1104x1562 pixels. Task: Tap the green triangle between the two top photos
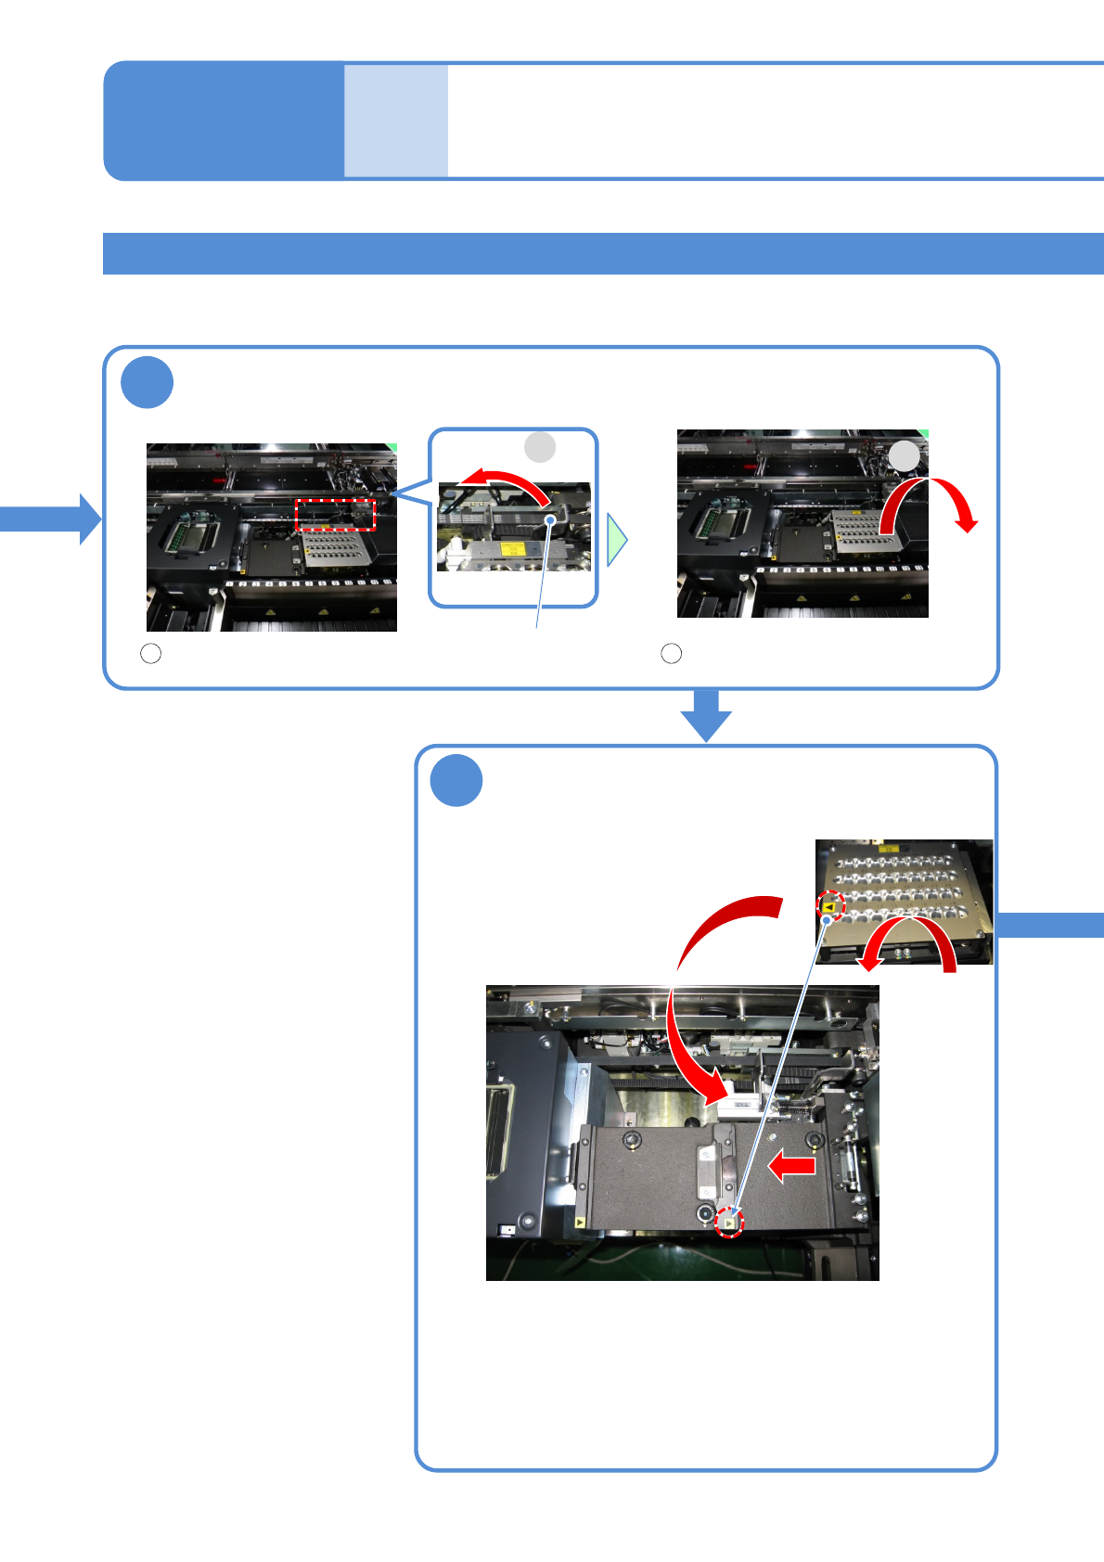pyautogui.click(x=617, y=540)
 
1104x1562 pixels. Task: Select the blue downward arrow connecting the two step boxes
pyautogui.click(x=706, y=716)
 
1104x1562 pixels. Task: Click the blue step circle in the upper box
pyautogui.click(x=148, y=382)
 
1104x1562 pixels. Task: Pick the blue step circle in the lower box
pyautogui.click(x=456, y=781)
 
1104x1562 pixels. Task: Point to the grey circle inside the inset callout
pyautogui.click(x=540, y=447)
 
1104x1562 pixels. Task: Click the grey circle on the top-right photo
pyautogui.click(x=905, y=456)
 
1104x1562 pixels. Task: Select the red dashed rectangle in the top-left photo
pyautogui.click(x=335, y=514)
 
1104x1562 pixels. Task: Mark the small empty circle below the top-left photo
pyautogui.click(x=150, y=654)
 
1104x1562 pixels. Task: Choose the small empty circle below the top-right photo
pyautogui.click(x=672, y=654)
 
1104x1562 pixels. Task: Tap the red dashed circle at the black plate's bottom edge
pyautogui.click(x=730, y=1223)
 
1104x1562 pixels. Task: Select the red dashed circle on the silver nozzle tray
pyautogui.click(x=830, y=908)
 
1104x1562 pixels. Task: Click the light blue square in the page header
pyautogui.click(x=396, y=121)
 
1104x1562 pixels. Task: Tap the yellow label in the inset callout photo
pyautogui.click(x=513, y=548)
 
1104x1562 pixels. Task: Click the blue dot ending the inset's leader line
pyautogui.click(x=551, y=520)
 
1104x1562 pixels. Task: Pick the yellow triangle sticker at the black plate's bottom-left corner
pyautogui.click(x=580, y=1223)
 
